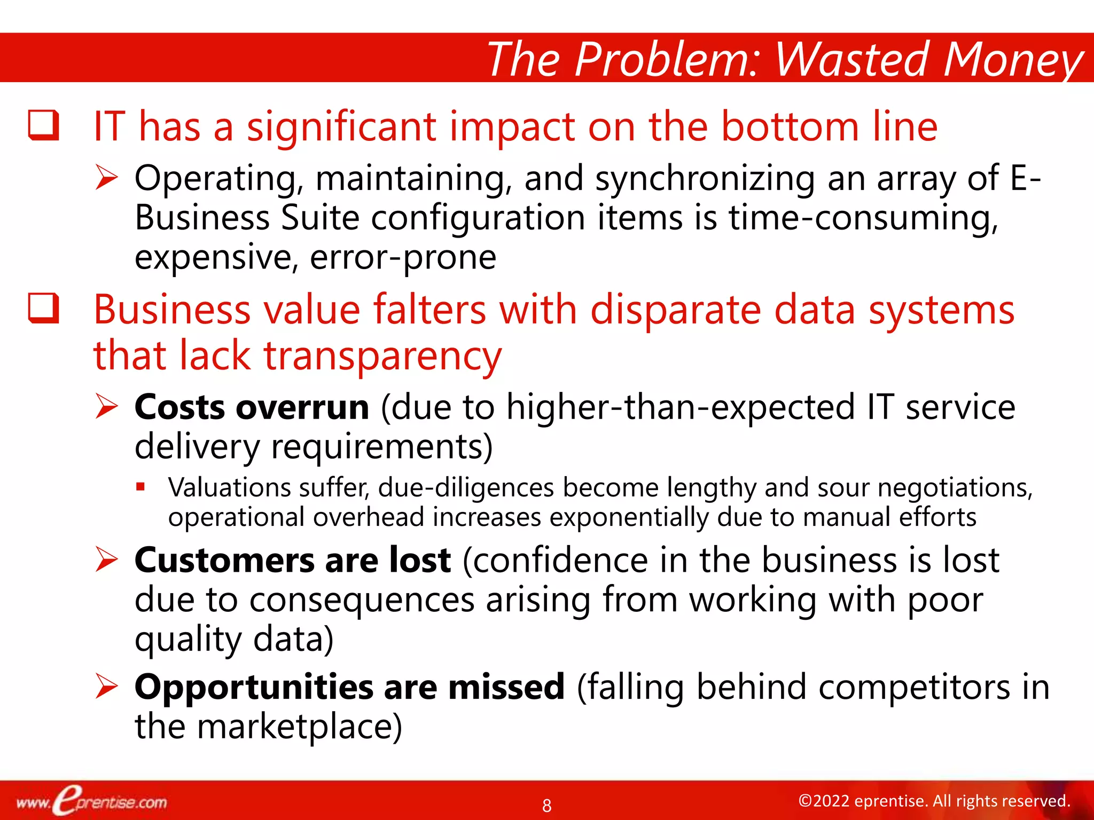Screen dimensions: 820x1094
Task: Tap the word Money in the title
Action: (1013, 60)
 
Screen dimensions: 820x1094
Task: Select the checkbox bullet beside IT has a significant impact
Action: (43, 125)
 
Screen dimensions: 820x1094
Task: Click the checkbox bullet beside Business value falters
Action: (43, 309)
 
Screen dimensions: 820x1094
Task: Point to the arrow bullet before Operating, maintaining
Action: (106, 178)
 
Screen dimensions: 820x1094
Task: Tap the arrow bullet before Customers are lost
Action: (106, 560)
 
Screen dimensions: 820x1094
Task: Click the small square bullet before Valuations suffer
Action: (140, 486)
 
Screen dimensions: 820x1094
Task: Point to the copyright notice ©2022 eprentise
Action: (934, 801)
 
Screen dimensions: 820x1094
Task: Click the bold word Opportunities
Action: (254, 688)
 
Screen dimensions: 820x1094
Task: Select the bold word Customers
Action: (224, 561)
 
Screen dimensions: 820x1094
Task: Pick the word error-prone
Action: (403, 258)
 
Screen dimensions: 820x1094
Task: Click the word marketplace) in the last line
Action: (299, 727)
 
